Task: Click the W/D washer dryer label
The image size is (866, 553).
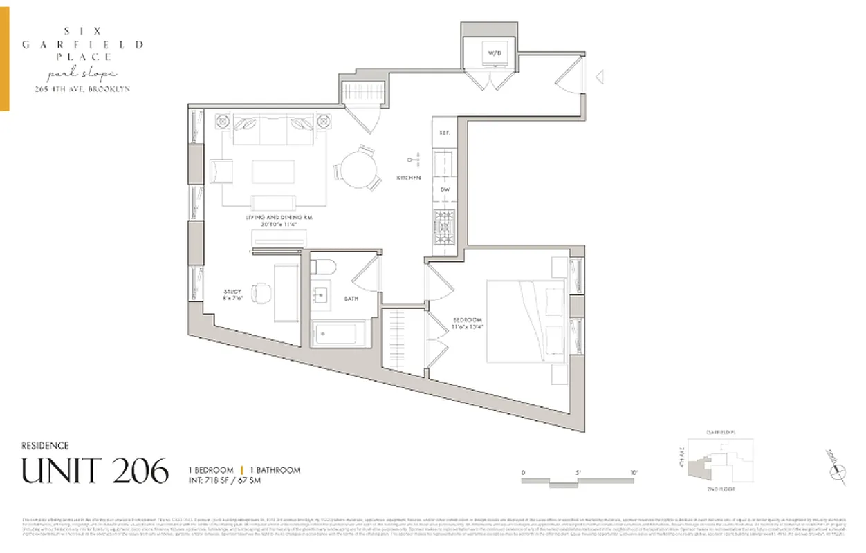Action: [493, 53]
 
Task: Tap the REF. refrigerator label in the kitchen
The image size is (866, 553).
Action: [445, 133]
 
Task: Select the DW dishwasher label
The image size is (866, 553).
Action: [445, 189]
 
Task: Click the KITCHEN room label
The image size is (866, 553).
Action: [408, 178]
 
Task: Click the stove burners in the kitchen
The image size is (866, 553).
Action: [443, 223]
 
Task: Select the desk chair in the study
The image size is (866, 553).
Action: [260, 293]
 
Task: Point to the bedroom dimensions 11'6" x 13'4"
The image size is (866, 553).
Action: [467, 324]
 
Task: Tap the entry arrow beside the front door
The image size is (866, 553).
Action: [600, 76]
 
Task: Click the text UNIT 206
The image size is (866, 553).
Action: [95, 471]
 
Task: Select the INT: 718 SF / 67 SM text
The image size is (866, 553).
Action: [225, 480]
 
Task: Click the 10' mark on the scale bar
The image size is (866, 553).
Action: [634, 473]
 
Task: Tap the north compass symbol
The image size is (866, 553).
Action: [839, 471]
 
